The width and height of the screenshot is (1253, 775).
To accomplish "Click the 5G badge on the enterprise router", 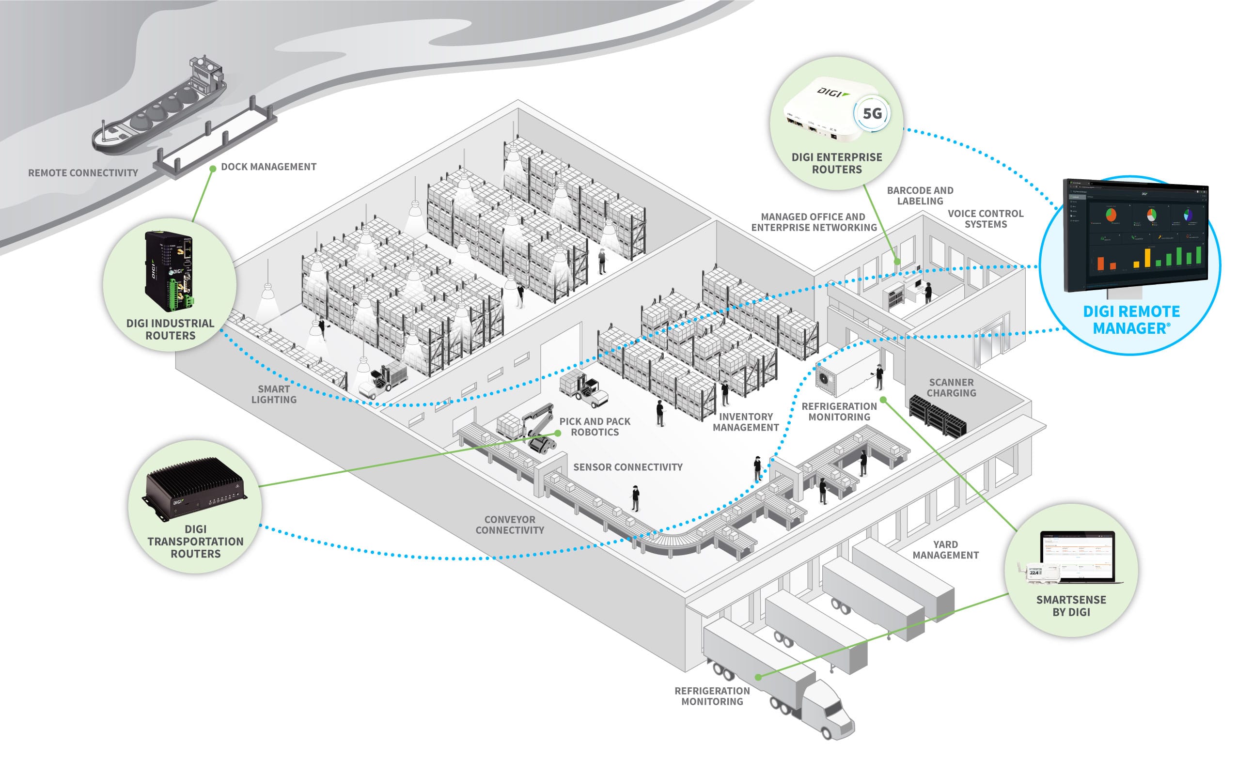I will pos(872,113).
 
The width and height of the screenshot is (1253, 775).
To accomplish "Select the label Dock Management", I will pos(268,167).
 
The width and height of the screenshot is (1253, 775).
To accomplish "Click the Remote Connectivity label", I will pos(83,173).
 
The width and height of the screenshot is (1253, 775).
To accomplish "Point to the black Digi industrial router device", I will pos(170,270).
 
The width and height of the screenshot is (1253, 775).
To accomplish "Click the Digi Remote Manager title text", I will pos(1131,320).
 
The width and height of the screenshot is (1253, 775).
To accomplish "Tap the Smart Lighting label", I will pos(274,394).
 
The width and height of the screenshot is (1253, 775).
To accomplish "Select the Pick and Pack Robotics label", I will pos(595,426).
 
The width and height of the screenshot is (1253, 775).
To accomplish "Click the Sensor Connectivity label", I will pos(627,467).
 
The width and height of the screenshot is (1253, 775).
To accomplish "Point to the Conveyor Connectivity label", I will pos(510,525).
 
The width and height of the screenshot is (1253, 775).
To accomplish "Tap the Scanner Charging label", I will pos(951,387).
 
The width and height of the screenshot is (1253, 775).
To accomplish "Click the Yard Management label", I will pos(945,549).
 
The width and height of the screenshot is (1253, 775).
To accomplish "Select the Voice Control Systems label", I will pos(985,219).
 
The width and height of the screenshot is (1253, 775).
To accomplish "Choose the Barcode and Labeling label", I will pos(920,196).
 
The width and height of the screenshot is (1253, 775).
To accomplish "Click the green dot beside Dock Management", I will pos(213,169).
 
